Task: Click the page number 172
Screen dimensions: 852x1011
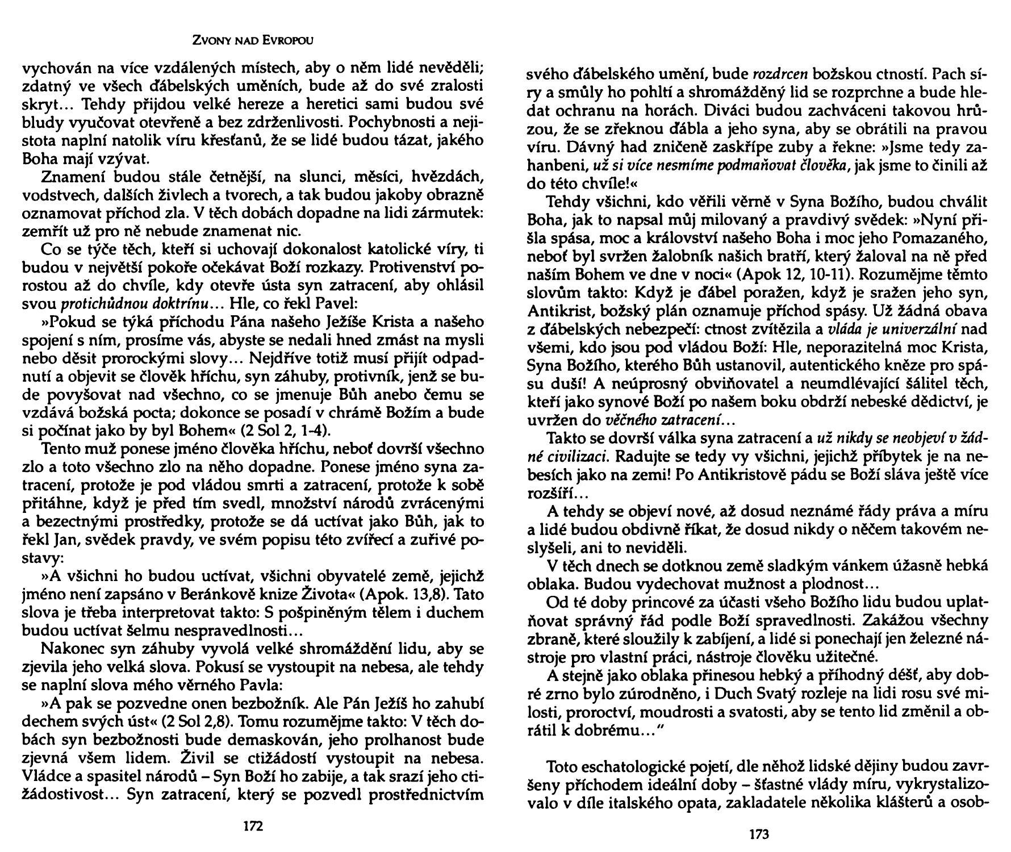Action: pyautogui.click(x=253, y=825)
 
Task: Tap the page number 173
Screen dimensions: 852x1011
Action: pyautogui.click(x=759, y=834)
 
